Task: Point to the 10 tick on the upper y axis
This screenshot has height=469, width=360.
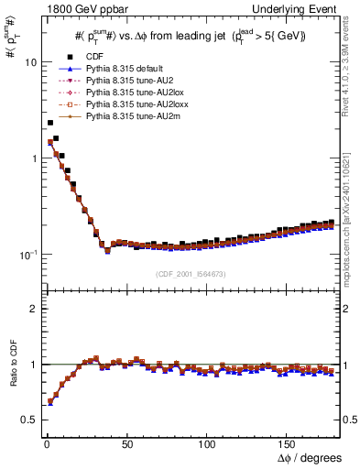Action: pos(29,63)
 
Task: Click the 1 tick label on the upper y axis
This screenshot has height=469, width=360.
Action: pos(32,158)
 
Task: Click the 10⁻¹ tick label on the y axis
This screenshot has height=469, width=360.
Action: pos(27,254)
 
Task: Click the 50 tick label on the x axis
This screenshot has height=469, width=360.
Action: pos(126,443)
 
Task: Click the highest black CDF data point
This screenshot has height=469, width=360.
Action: pos(49,122)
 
